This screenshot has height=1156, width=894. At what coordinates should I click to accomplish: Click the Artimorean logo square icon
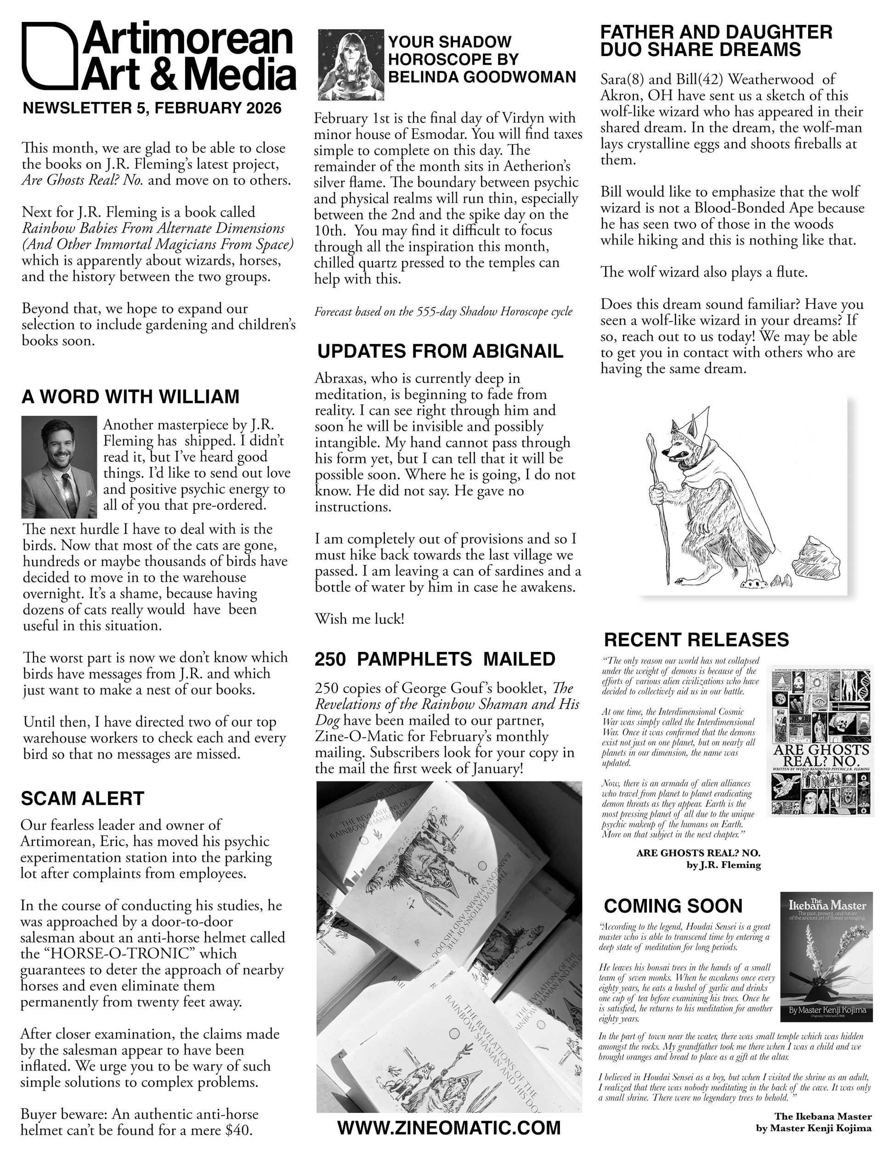[47, 55]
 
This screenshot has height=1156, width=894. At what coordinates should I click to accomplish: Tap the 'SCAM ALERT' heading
[83, 799]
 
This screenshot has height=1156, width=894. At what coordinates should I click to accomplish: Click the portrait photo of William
[59, 467]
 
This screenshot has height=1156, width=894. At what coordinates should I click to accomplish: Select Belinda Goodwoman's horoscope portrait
[351, 65]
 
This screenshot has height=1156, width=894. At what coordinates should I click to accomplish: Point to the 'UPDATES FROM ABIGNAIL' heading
[440, 352]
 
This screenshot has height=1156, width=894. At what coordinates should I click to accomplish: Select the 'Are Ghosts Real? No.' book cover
[819, 741]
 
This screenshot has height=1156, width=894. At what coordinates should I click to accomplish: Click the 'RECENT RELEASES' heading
[696, 640]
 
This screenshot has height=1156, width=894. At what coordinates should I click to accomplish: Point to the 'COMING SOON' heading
[673, 906]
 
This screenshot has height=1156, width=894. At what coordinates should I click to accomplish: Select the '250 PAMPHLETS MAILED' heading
[435, 660]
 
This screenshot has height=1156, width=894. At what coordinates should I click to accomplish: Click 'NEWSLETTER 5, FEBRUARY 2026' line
[152, 108]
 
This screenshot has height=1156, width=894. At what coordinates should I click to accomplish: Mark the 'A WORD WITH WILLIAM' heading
[130, 397]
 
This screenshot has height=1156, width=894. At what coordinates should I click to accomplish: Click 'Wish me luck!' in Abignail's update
[360, 619]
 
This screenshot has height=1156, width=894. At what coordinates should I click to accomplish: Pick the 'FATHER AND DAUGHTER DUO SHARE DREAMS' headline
[716, 41]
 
